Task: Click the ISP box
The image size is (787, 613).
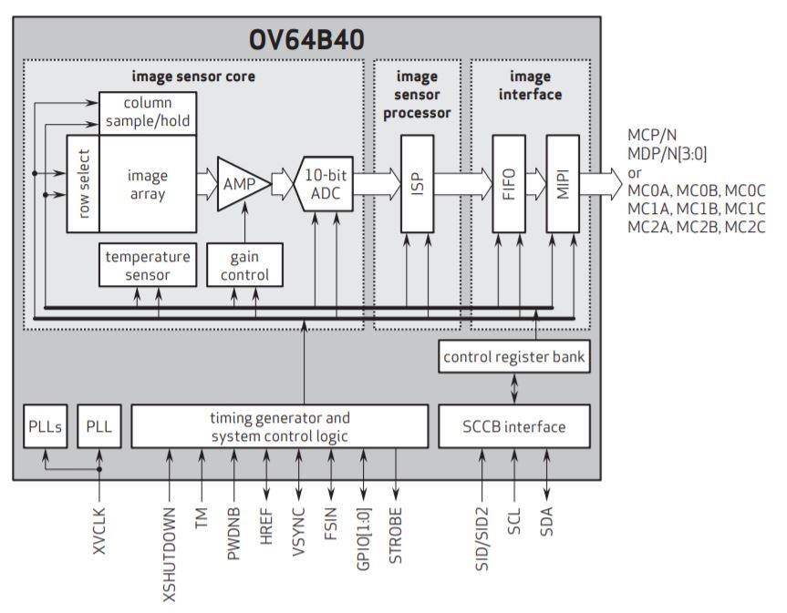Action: pyautogui.click(x=418, y=182)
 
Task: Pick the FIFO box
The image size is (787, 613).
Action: pyautogui.click(x=508, y=182)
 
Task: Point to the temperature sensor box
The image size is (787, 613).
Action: pyautogui.click(x=147, y=265)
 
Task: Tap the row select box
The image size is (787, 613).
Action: pyautogui.click(x=83, y=183)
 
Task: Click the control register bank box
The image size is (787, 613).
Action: pyautogui.click(x=514, y=357)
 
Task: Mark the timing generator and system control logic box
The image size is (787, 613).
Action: pyautogui.click(x=280, y=426)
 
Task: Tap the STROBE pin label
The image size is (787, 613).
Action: pyautogui.click(x=395, y=536)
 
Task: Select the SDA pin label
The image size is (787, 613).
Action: pyautogui.click(x=546, y=526)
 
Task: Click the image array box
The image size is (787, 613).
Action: pyautogui.click(x=147, y=183)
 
